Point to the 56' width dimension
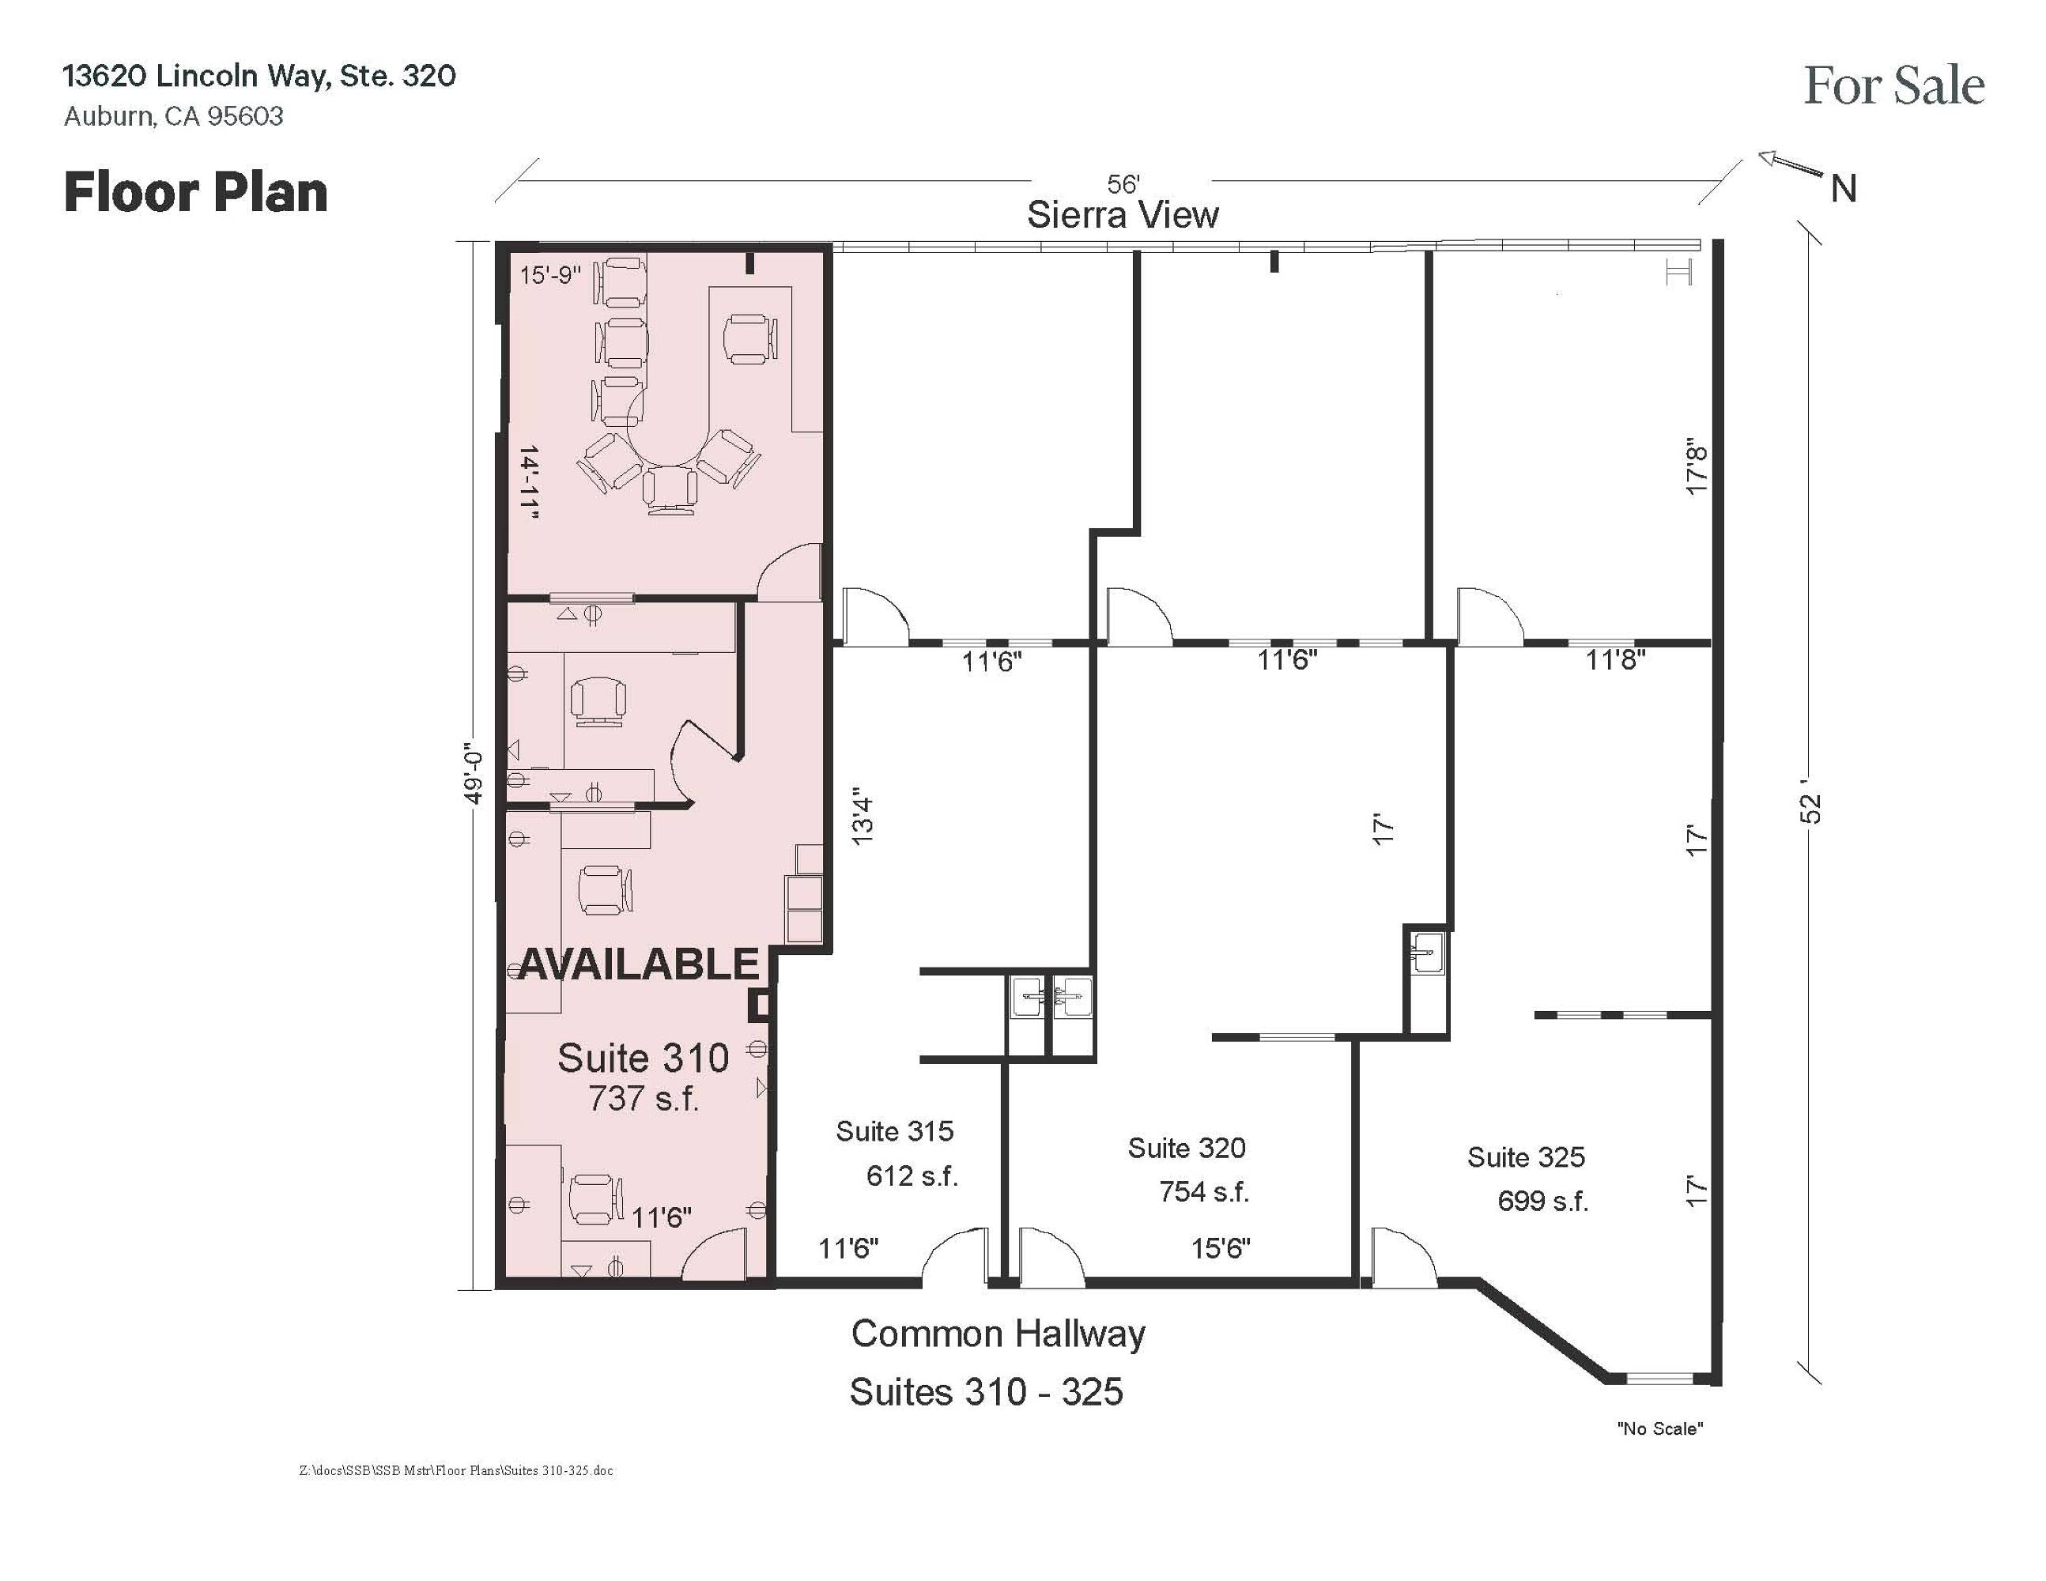pyautogui.click(x=1123, y=184)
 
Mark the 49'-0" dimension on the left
pyautogui.click(x=473, y=775)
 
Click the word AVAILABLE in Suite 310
pyautogui.click(x=638, y=964)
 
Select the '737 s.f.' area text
pyautogui.click(x=644, y=1098)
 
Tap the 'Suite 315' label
pyautogui.click(x=895, y=1131)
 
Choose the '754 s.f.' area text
pyautogui.click(x=1204, y=1191)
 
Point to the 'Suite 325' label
pyautogui.click(x=1526, y=1157)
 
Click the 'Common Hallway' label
pyautogui.click(x=998, y=1334)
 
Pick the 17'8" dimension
pyautogui.click(x=1697, y=466)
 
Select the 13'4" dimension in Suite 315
pyautogui.click(x=863, y=821)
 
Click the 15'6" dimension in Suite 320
pyautogui.click(x=1221, y=1247)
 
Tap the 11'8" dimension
pyautogui.click(x=1615, y=660)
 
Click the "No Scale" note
pyautogui.click(x=1660, y=1429)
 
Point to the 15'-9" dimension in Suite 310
pyautogui.click(x=551, y=275)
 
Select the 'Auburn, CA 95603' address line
pyautogui.click(x=173, y=116)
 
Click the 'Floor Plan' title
pyautogui.click(x=196, y=193)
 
